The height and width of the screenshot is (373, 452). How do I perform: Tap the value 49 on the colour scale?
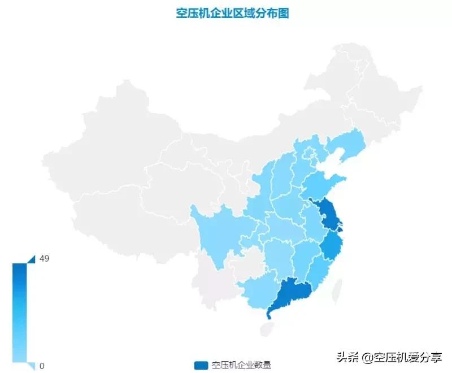(x=45, y=258)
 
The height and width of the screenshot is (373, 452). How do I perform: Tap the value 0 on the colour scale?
(x=41, y=366)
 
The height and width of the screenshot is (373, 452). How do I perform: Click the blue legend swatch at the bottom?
(x=201, y=365)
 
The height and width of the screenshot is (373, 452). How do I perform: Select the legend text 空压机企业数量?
(x=241, y=365)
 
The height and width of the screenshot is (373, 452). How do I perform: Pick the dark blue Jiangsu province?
(x=329, y=215)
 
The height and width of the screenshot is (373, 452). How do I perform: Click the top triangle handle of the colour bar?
(x=31, y=259)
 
